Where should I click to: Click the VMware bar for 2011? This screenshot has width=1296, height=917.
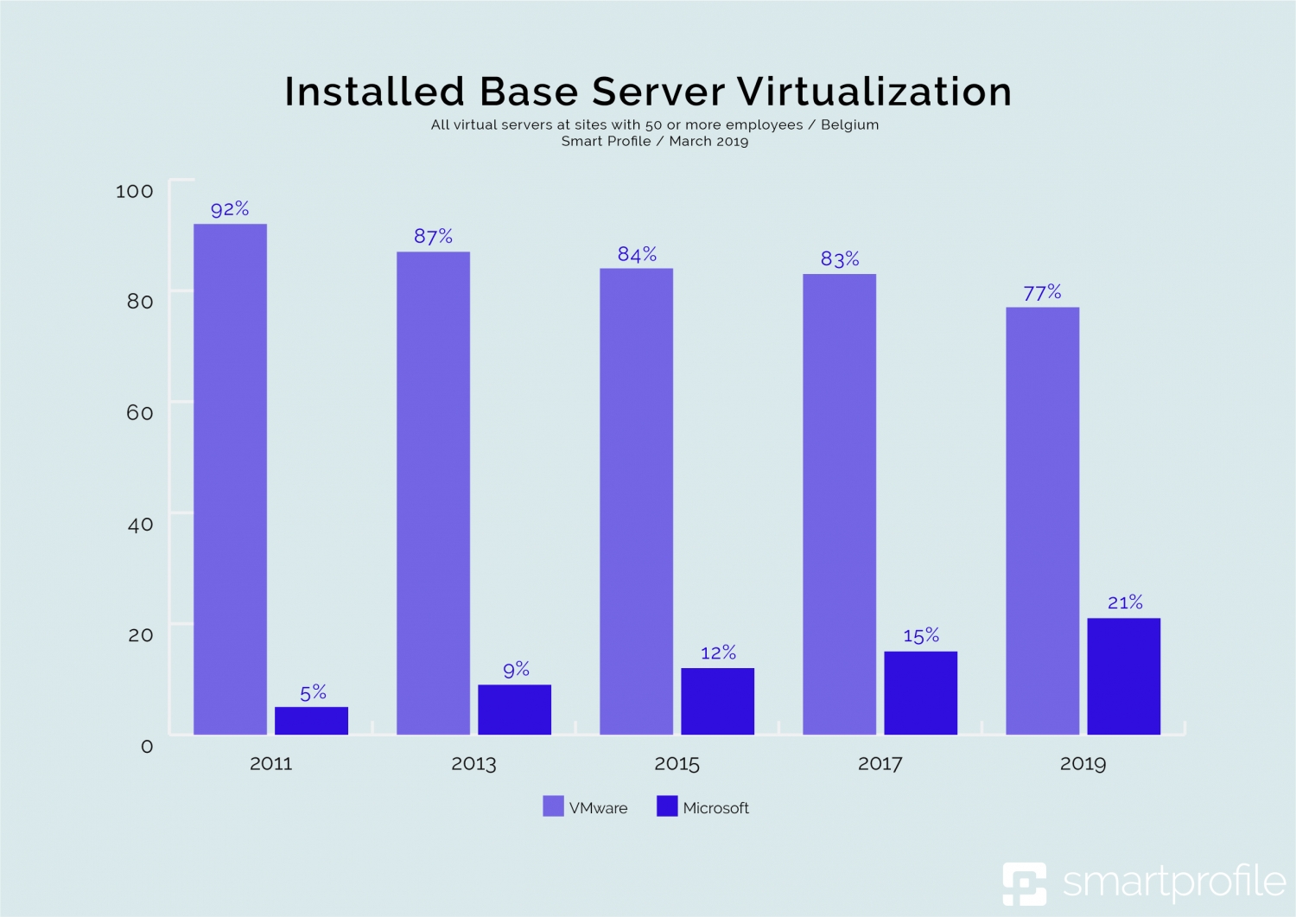pyautogui.click(x=230, y=479)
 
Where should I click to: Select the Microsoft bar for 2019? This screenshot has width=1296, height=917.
pyautogui.click(x=1123, y=676)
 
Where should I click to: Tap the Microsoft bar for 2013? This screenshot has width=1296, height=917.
pyautogui.click(x=514, y=710)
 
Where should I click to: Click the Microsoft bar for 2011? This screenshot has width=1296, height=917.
pyautogui.click(x=311, y=721)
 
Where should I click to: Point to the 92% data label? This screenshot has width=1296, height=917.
pyautogui.click(x=230, y=209)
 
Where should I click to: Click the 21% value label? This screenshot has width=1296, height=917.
pyautogui.click(x=1125, y=602)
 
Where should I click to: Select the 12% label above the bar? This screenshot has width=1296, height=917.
pyautogui.click(x=718, y=653)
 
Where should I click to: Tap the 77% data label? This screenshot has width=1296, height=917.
pyautogui.click(x=1042, y=293)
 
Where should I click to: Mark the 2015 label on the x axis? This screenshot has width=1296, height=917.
pyautogui.click(x=677, y=764)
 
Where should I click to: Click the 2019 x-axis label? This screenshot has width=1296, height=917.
pyautogui.click(x=1083, y=764)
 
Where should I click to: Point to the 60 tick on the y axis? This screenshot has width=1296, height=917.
pyautogui.click(x=140, y=412)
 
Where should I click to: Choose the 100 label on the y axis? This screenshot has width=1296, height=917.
pyautogui.click(x=135, y=191)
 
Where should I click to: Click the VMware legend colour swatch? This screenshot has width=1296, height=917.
pyautogui.click(x=553, y=806)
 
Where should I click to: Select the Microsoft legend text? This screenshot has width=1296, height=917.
pyautogui.click(x=715, y=808)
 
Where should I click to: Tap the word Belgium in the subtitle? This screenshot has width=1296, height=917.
pyautogui.click(x=849, y=124)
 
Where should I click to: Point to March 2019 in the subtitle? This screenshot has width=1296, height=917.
pyautogui.click(x=708, y=142)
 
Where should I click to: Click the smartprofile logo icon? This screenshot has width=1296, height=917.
pyautogui.click(x=1024, y=883)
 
